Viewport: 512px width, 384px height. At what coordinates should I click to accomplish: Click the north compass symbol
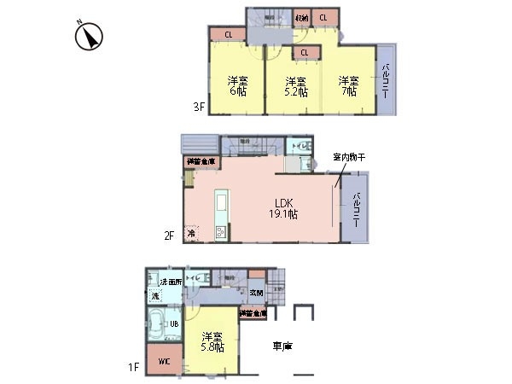[x=90, y=36]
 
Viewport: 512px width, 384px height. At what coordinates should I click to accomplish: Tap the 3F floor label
[x=198, y=107]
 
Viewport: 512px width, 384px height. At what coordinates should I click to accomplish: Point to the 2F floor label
[x=171, y=236]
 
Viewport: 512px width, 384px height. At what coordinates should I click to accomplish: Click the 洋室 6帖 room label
[x=237, y=85]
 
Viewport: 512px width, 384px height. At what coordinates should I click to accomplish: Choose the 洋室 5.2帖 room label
[x=295, y=86]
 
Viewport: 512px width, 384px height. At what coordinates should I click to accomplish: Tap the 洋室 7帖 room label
[x=348, y=85]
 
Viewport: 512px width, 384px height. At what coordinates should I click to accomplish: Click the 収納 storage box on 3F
[x=302, y=18]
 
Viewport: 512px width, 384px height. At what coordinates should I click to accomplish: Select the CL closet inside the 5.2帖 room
[x=304, y=53]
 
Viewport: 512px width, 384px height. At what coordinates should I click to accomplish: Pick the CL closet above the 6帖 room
[x=229, y=35]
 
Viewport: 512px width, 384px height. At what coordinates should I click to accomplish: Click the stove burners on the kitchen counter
[x=219, y=232]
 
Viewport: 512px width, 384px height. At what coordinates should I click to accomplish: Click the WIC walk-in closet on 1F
[x=163, y=361]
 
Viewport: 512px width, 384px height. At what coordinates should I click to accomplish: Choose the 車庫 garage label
[x=283, y=347]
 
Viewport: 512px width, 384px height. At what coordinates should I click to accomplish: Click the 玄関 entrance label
[x=256, y=293]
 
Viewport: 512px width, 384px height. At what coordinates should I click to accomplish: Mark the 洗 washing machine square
[x=155, y=295]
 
